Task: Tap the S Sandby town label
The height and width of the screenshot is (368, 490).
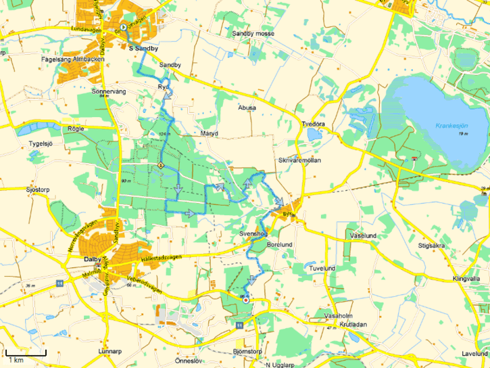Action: pos(143,49)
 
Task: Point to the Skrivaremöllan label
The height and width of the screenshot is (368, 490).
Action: pos(299,160)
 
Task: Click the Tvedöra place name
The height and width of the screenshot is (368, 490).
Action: pos(313,124)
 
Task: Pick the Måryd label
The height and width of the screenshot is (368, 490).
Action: pos(210,133)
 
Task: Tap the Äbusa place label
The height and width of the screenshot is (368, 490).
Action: pos(247,107)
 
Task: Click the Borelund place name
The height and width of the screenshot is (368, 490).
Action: pos(280,244)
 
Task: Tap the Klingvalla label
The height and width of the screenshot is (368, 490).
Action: pos(466,279)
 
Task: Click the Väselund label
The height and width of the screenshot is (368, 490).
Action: pos(364,235)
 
